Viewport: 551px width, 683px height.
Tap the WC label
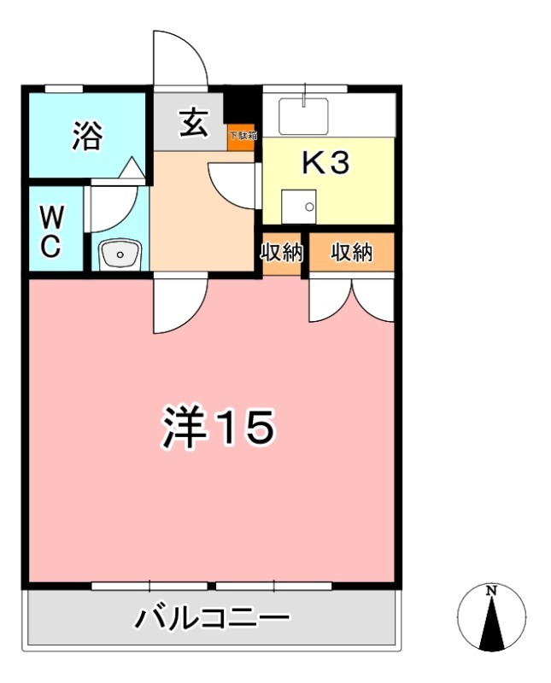coord(50,231)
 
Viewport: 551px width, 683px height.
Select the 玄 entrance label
coord(192,125)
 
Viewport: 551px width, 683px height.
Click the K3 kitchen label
coord(326,163)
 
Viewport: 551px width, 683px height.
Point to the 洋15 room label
coord(217,427)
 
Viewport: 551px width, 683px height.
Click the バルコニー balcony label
coord(211,618)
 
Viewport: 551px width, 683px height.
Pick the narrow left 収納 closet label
coord(282,253)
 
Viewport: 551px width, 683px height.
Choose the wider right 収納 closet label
coord(352,253)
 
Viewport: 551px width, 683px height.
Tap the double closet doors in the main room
coord(351,299)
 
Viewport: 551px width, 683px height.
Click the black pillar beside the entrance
coord(242,106)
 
